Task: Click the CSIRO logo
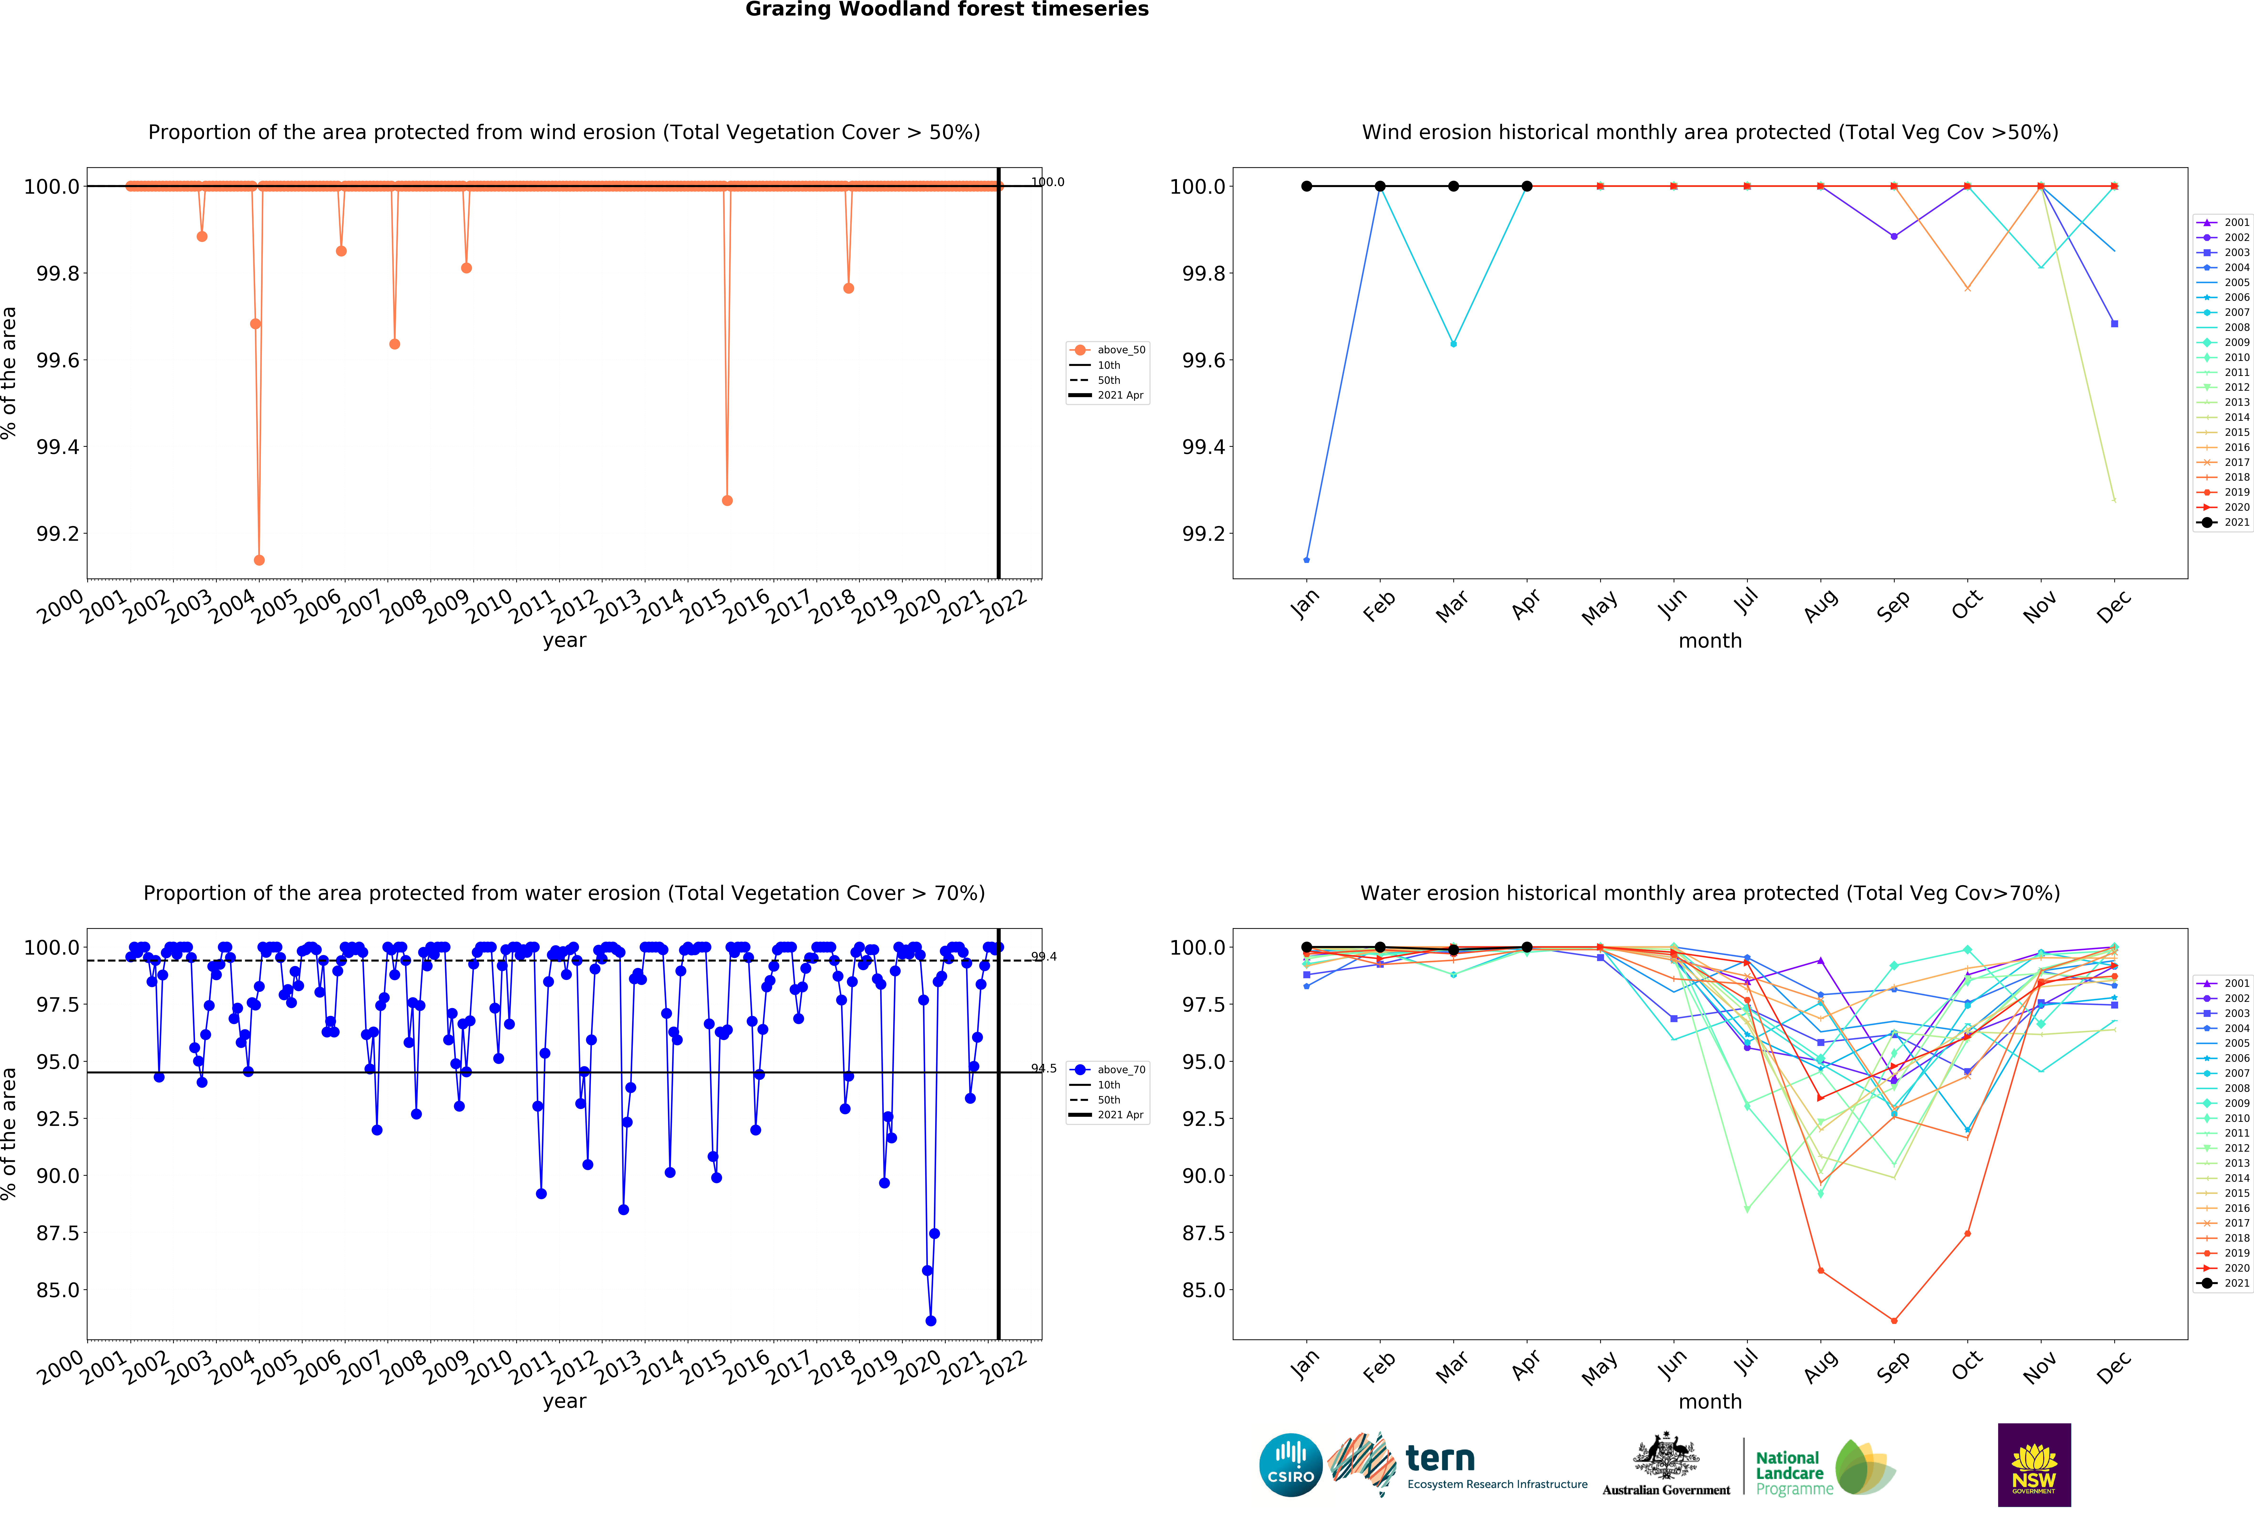tap(1290, 1465)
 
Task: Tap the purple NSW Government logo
tap(2034, 1465)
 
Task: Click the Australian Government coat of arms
tap(1665, 1455)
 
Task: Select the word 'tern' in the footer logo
tap(1440, 1458)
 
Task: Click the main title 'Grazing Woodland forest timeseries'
tap(947, 10)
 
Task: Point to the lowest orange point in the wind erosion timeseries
tap(259, 560)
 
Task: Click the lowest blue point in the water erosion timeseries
tap(931, 1320)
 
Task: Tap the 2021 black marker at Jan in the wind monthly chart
tap(1306, 186)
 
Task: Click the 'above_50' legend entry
tap(1120, 350)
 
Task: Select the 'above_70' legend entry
tap(1120, 1070)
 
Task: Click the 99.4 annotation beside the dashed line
tap(1044, 957)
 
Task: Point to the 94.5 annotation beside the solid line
tap(1044, 1068)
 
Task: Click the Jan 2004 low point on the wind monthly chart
tap(1306, 560)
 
